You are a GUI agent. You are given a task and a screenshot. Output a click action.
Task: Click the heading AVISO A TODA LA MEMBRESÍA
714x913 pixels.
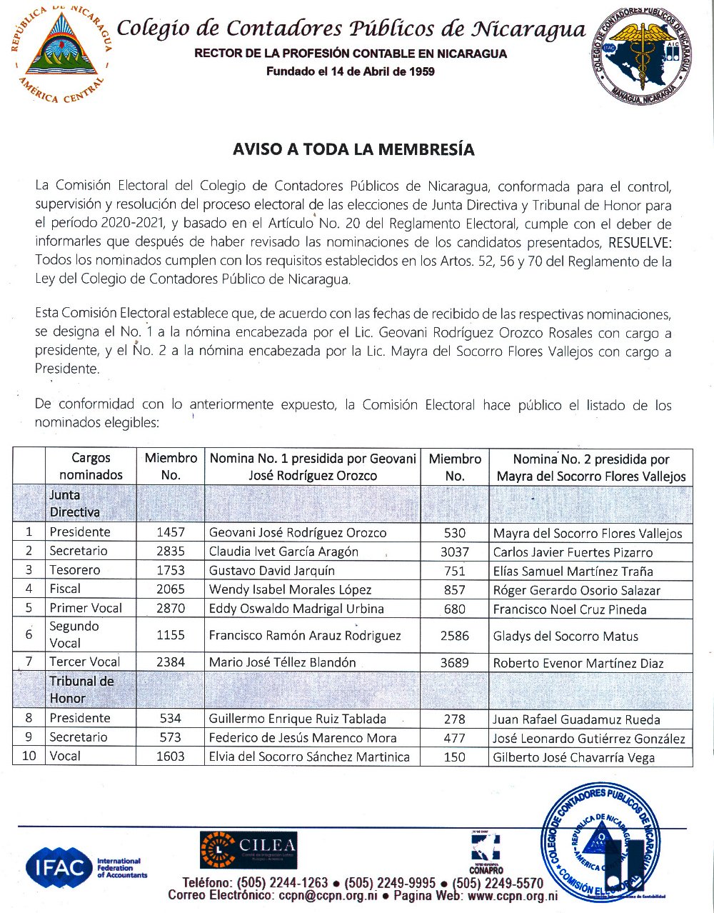tap(353, 149)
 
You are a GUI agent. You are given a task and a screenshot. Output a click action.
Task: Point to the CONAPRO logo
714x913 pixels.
tap(486, 853)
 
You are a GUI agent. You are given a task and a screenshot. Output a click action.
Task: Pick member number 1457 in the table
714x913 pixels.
tap(170, 532)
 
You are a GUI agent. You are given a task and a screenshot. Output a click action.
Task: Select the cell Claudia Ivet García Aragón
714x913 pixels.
tap(283, 552)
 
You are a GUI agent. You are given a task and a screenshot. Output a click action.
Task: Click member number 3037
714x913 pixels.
tap(454, 552)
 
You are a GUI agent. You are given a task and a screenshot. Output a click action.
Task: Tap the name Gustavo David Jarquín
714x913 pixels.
tap(271, 570)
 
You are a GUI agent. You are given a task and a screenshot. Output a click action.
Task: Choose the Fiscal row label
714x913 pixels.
tap(65, 589)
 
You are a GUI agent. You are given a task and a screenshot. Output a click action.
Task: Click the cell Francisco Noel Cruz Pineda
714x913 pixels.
tap(570, 609)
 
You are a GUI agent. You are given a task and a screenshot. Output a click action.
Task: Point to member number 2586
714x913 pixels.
tap(454, 635)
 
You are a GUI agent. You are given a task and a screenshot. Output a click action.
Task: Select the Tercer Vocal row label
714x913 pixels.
tap(84, 662)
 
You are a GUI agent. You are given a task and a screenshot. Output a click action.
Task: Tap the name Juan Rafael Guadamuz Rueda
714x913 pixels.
tap(576, 719)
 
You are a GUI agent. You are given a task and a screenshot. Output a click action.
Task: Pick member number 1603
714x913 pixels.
tap(170, 756)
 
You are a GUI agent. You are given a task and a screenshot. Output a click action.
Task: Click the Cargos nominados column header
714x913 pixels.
tap(91, 467)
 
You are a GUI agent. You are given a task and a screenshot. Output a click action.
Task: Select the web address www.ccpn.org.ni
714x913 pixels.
tap(512, 896)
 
